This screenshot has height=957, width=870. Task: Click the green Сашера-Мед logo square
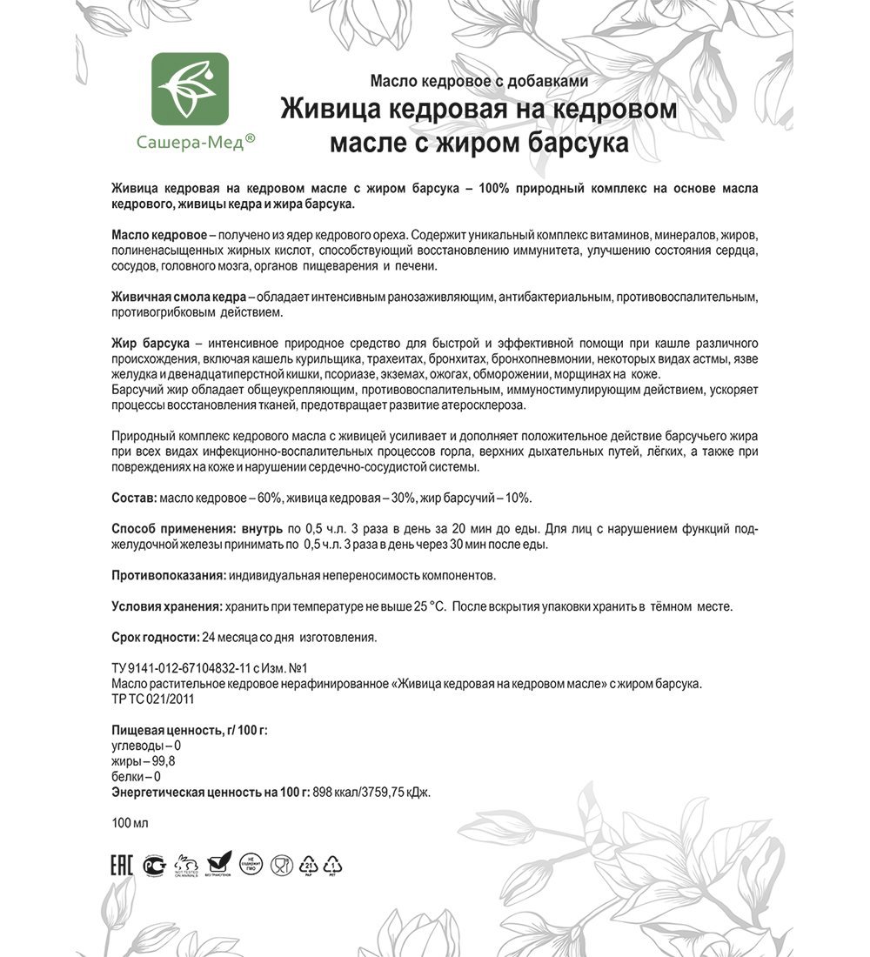pos(191,90)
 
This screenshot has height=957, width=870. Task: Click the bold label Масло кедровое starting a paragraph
pos(159,236)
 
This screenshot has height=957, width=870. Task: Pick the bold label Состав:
pos(135,498)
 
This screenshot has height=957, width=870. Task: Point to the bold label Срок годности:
pos(156,637)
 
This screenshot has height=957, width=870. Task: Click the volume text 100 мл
pos(130,823)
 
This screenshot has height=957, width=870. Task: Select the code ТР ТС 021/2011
pos(153,699)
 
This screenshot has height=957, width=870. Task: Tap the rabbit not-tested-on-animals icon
pos(186,864)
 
